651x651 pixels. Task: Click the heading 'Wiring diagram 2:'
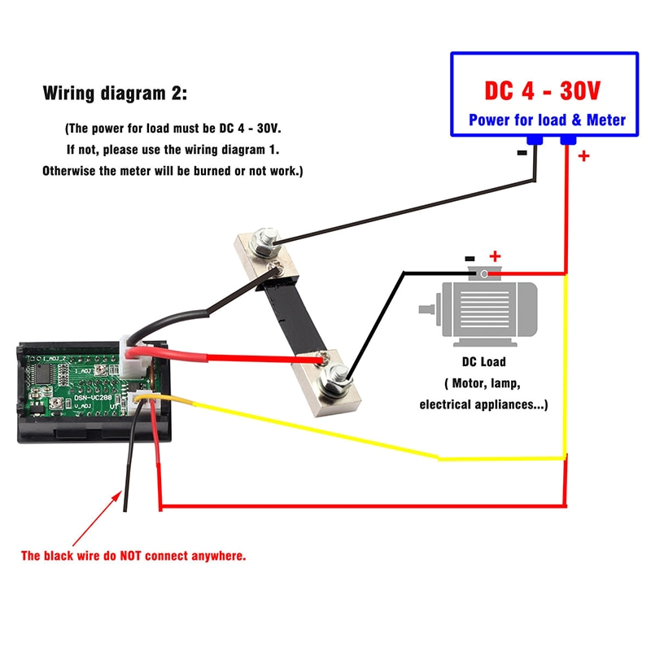[115, 93]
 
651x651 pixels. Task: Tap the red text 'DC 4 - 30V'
[543, 90]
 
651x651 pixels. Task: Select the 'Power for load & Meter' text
[547, 120]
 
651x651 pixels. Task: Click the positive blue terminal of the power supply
[568, 142]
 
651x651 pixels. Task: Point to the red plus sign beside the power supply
[583, 156]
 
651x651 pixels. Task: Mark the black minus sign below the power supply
[522, 152]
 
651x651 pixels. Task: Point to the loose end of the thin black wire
[124, 510]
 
